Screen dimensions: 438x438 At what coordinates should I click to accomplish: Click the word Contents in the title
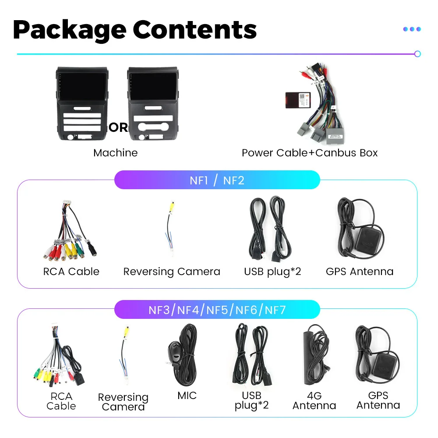[195, 29]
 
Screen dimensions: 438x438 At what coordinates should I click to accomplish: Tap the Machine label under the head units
[115, 153]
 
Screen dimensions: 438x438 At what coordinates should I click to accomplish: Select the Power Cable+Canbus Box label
[310, 153]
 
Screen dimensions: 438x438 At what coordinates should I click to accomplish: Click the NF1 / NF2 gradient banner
[217, 180]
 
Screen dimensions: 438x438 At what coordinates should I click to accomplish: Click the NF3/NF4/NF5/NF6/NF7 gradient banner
[217, 310]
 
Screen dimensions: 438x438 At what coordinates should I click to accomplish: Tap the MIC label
[187, 396]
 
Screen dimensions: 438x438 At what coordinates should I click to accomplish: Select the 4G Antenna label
[314, 400]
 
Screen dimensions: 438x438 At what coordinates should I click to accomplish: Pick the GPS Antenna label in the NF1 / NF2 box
[360, 272]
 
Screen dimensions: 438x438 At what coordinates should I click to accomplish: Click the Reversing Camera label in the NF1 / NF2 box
[172, 272]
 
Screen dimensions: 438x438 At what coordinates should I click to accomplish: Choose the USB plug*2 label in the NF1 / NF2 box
[272, 272]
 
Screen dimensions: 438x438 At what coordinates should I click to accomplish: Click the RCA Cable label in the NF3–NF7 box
[61, 401]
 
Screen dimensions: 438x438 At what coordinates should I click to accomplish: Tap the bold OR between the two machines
[118, 127]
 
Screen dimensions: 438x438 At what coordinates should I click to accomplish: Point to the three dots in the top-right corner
[412, 29]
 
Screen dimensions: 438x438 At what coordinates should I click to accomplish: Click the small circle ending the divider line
[417, 54]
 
